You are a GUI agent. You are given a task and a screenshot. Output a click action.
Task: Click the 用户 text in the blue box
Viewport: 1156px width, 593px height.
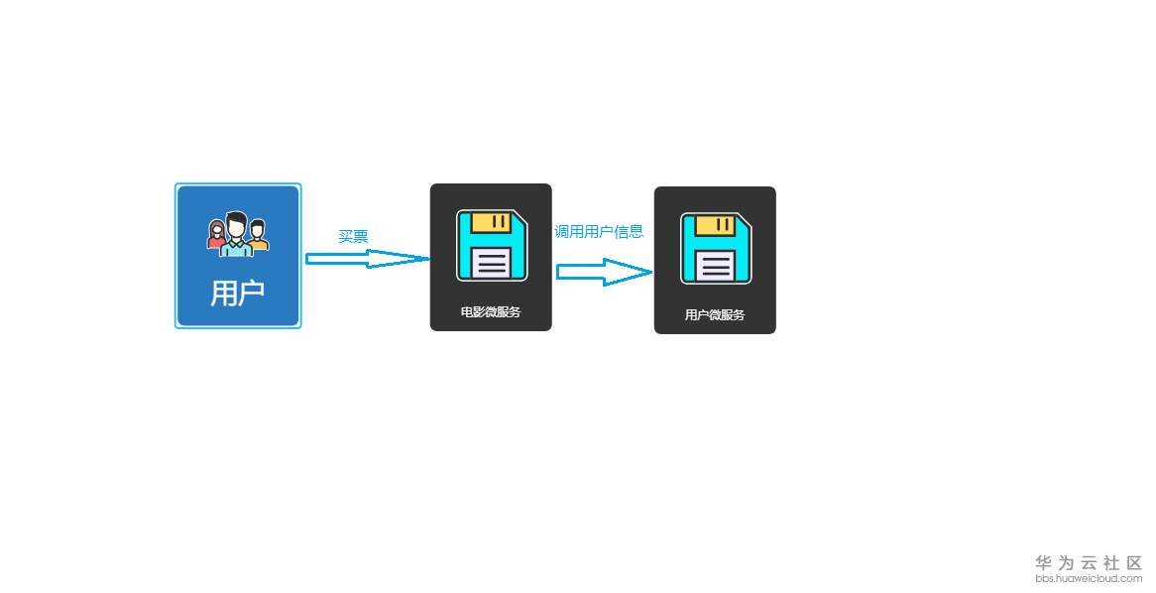pyautogui.click(x=238, y=293)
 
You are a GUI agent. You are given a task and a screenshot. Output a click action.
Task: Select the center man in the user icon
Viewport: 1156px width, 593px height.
pyautogui.click(x=237, y=234)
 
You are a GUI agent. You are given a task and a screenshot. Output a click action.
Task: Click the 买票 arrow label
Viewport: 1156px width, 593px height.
pyautogui.click(x=353, y=236)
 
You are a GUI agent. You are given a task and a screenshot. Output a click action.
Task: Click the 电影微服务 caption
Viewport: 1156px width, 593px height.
pyautogui.click(x=491, y=311)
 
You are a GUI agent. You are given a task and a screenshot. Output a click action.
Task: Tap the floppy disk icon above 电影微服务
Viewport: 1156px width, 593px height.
pyautogui.click(x=492, y=245)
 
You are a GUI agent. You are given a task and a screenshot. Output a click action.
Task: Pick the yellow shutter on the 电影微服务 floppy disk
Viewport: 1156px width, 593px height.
pyautogui.click(x=492, y=222)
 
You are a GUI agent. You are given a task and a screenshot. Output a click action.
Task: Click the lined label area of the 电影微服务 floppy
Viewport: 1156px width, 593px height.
pyautogui.click(x=493, y=263)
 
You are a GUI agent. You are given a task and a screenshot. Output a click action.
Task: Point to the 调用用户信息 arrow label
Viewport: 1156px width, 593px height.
pyautogui.click(x=599, y=231)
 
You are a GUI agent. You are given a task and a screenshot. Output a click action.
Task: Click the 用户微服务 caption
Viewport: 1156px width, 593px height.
pyautogui.click(x=715, y=314)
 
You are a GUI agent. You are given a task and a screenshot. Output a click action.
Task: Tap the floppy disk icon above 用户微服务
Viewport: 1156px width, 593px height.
pyautogui.click(x=716, y=248)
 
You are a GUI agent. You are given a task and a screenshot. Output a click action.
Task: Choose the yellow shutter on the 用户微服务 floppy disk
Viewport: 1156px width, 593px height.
pyautogui.click(x=716, y=225)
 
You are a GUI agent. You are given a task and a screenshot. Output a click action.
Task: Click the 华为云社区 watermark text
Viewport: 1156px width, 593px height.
pyautogui.click(x=1089, y=562)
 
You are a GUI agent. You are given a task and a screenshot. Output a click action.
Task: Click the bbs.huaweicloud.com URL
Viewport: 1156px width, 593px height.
pyautogui.click(x=1089, y=578)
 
